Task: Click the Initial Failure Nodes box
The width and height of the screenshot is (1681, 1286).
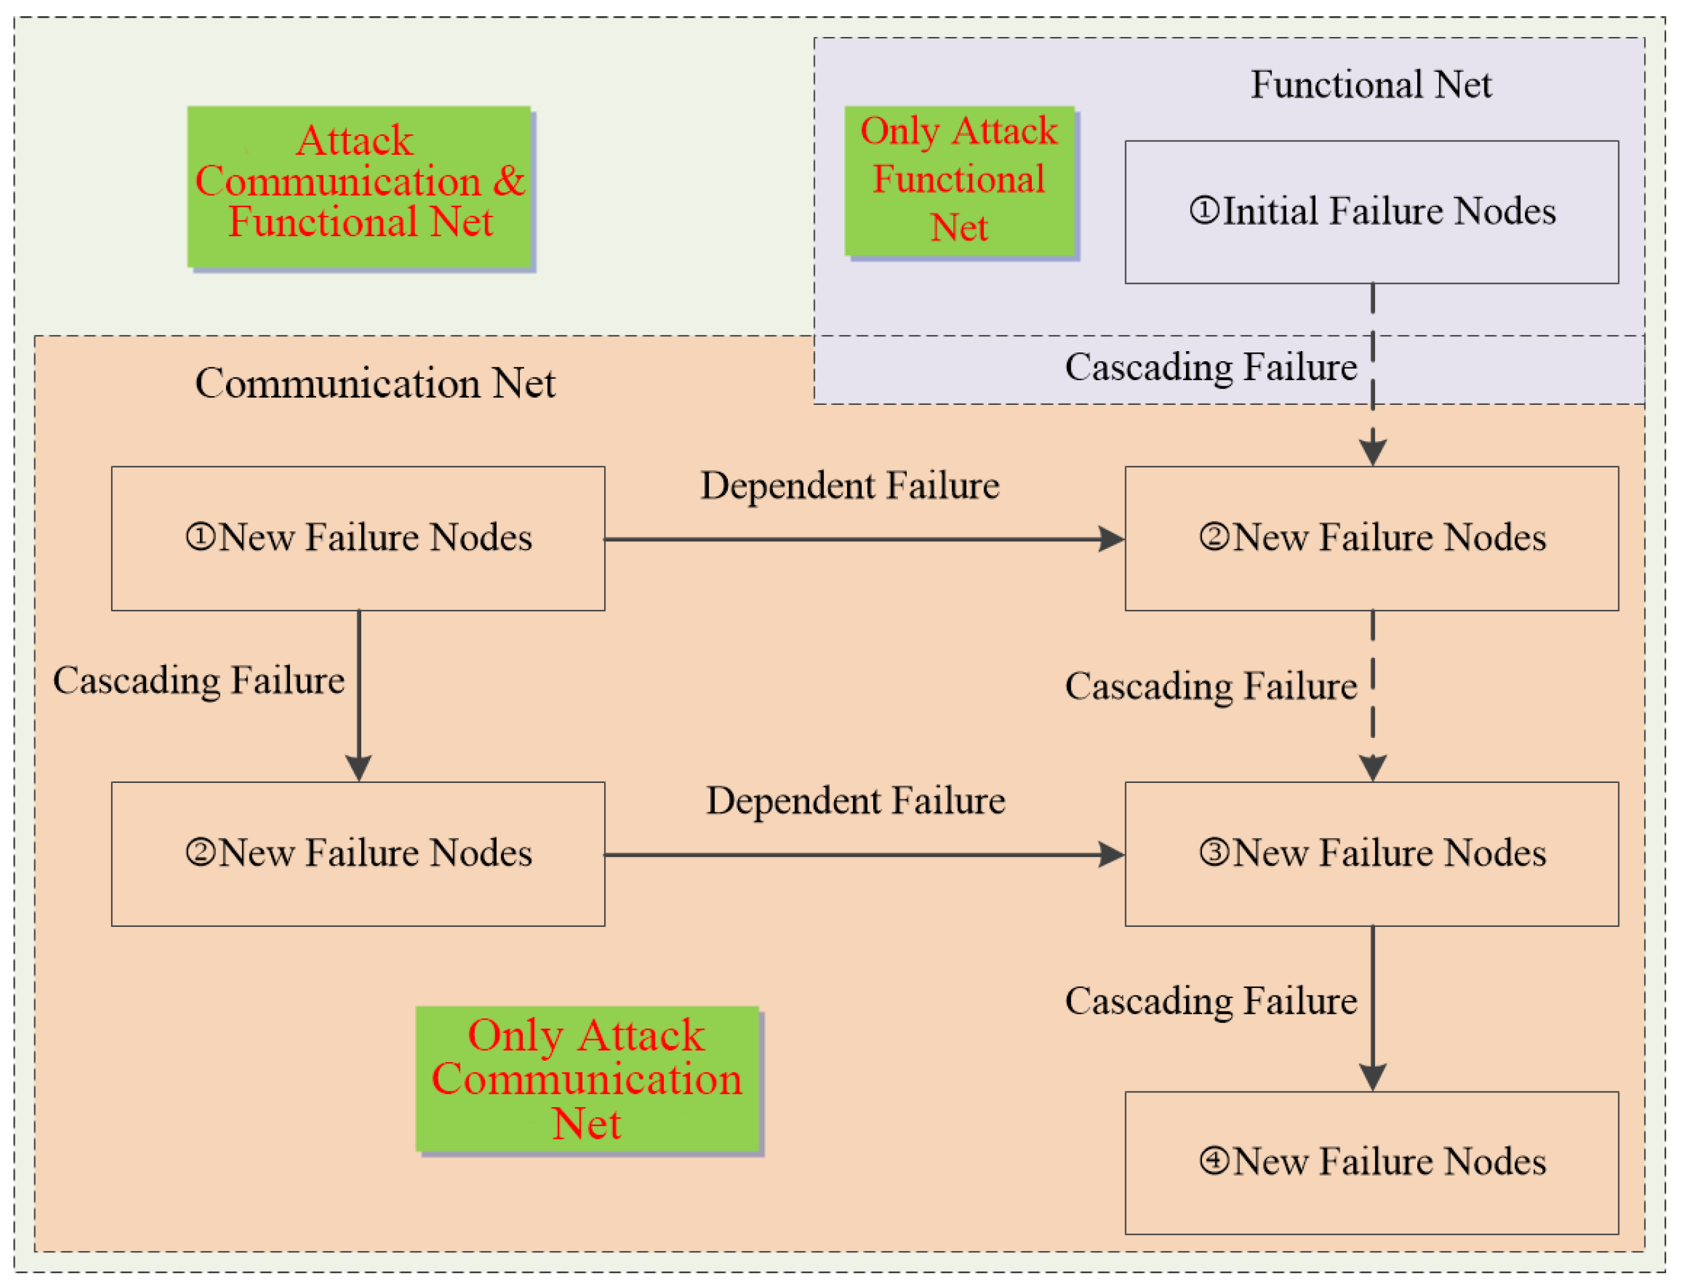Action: tap(1371, 212)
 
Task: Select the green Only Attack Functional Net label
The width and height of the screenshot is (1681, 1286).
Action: tap(959, 181)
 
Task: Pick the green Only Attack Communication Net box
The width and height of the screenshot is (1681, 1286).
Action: tap(587, 1080)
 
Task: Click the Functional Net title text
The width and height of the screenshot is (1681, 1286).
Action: tap(1371, 84)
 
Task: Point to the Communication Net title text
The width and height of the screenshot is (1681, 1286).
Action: tap(375, 383)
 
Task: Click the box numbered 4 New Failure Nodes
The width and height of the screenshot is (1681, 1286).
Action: tap(1371, 1163)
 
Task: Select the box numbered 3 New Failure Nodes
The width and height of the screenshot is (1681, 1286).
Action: tap(1371, 854)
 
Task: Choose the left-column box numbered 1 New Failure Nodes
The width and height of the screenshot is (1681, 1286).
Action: tap(359, 538)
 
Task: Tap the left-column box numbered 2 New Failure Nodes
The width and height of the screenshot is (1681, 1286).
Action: tap(359, 854)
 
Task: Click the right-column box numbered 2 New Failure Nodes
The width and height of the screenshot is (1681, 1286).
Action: tap(1371, 538)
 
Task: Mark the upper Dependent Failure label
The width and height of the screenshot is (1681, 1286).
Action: tap(850, 486)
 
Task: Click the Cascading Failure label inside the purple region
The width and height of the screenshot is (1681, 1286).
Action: tap(1210, 367)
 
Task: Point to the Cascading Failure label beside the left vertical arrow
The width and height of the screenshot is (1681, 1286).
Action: tap(198, 681)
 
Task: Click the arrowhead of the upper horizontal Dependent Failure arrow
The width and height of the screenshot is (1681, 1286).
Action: tap(1111, 539)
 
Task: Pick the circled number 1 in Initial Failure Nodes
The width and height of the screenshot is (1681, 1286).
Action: tap(1203, 211)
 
